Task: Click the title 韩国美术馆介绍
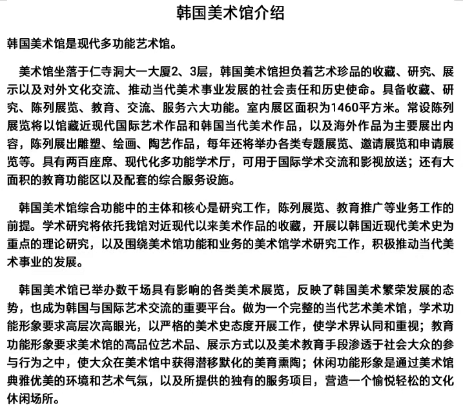point(231,14)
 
